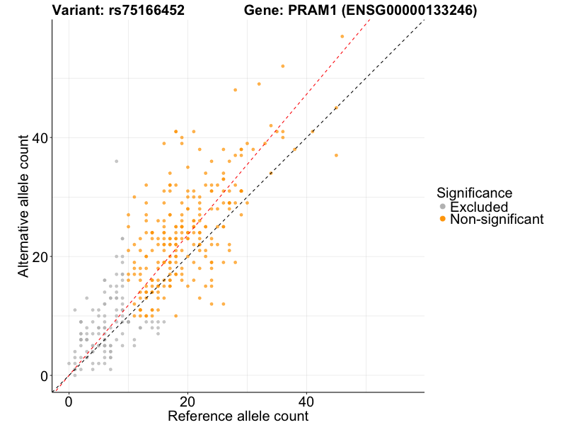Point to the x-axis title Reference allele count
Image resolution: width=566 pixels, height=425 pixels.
coord(238,416)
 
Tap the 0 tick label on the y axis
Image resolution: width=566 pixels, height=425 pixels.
coord(44,375)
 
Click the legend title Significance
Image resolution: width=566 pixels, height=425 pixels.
coord(474,192)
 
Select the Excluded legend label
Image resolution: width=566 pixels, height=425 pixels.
coord(479,207)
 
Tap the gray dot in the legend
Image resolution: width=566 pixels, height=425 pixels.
coord(443,207)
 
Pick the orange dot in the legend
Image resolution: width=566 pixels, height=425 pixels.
coord(443,220)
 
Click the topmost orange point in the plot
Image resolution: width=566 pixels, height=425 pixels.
coord(342,36)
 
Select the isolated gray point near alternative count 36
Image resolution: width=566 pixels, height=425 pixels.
coord(117,161)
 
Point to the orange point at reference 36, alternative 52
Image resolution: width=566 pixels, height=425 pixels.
coord(283,66)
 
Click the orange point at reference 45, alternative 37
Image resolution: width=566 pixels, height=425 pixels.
coord(336,155)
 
